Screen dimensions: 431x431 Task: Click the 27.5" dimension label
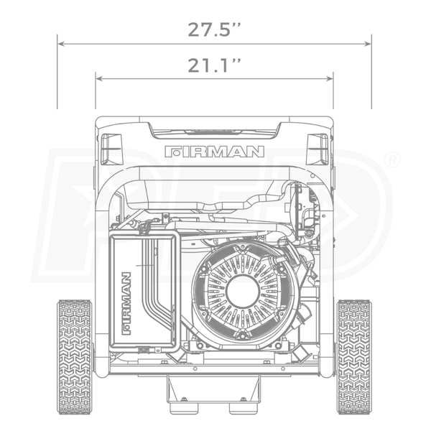[214, 29]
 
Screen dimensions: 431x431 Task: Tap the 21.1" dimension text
[214, 65]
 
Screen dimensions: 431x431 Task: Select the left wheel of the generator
[75, 357]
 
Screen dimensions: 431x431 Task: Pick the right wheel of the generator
[355, 357]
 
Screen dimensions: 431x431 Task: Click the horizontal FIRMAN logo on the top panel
[214, 152]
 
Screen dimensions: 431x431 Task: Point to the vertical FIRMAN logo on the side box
[126, 303]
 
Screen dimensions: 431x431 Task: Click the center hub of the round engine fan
[243, 291]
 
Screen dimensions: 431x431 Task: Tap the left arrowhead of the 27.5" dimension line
[61, 44]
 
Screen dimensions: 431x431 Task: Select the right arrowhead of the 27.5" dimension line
[368, 44]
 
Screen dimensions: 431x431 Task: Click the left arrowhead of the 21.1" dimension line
[100, 79]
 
